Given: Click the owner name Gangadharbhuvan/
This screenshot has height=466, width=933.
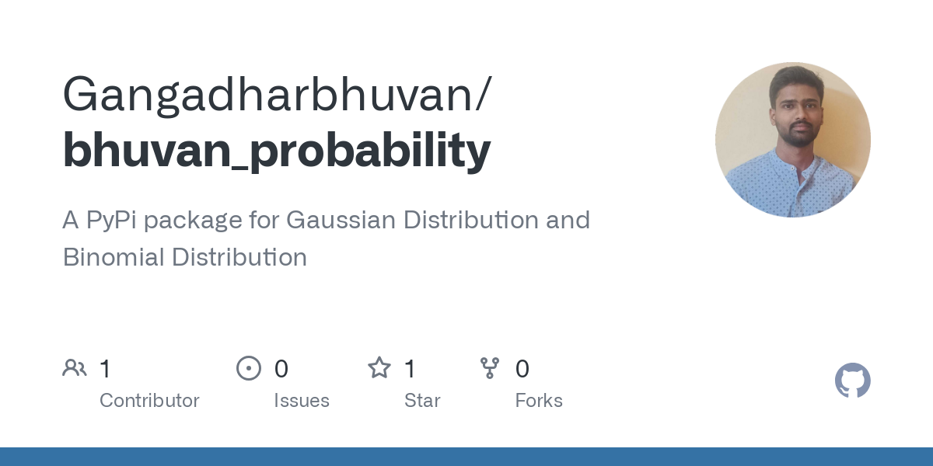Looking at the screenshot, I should tap(276, 95).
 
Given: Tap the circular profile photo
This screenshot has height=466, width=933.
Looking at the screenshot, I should tap(792, 140).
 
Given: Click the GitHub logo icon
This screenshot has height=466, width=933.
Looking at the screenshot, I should tap(852, 381).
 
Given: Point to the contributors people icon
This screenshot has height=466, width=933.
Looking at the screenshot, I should tap(75, 368).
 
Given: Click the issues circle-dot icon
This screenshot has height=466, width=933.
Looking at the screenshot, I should tap(249, 368).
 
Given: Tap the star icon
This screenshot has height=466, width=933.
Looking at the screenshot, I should tap(379, 368).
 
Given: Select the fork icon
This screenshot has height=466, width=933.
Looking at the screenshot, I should tap(490, 368).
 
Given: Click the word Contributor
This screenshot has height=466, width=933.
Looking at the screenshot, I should tap(149, 401).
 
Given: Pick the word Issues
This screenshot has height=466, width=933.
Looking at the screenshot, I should tap(302, 401).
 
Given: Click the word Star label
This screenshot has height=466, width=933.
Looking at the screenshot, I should tap(422, 401).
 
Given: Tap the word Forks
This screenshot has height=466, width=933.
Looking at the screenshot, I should tap(539, 401).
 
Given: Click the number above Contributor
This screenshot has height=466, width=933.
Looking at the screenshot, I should tap(106, 369).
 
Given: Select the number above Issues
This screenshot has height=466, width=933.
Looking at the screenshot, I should tap(281, 369).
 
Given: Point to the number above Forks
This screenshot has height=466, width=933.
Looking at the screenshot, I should tap(522, 369).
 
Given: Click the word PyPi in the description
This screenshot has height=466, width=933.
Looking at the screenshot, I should tap(110, 221).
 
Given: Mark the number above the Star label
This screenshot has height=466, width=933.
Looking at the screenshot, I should tap(411, 369).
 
